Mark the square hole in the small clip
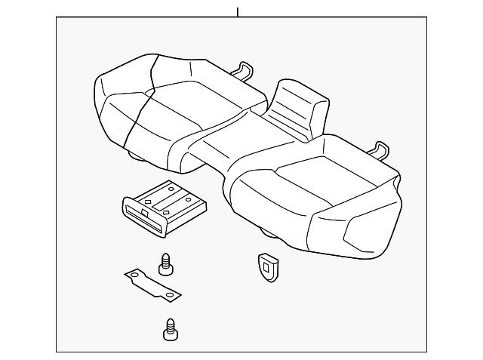pyautogui.click(x=266, y=263)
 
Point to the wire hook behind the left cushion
pyautogui.click(x=242, y=69)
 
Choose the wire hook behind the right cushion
pyautogui.click(x=379, y=149)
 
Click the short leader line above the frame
pyautogui.click(x=238, y=12)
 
